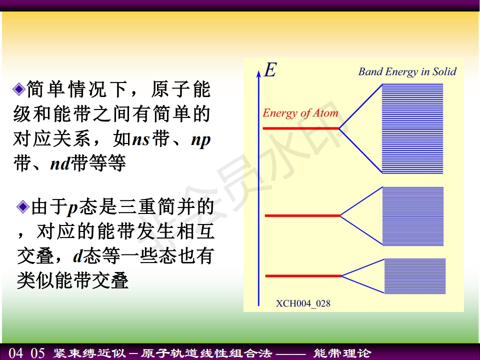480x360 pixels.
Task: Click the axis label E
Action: (270, 70)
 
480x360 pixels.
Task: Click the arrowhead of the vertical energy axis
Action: (258, 73)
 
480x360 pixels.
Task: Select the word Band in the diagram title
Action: (370, 71)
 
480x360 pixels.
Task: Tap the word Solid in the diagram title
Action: (444, 71)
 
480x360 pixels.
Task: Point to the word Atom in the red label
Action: (325, 113)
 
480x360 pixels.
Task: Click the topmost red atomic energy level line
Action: (301, 128)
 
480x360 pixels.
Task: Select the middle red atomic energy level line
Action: (303, 216)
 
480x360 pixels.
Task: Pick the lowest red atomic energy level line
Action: (303, 276)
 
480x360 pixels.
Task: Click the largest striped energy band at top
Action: (412, 128)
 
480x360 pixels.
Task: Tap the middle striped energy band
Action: (413, 216)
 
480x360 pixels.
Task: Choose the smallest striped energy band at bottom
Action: (415, 276)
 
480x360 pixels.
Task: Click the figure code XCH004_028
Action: (303, 303)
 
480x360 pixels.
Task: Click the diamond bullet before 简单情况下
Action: (19, 89)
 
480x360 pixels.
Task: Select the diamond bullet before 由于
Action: (23, 206)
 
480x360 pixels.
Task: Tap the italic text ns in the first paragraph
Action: (141, 139)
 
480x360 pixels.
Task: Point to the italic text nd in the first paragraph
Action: (60, 164)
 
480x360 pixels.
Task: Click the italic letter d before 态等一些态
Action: (78, 256)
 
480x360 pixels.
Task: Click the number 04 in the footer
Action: (16, 353)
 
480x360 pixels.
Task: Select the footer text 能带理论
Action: (342, 353)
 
